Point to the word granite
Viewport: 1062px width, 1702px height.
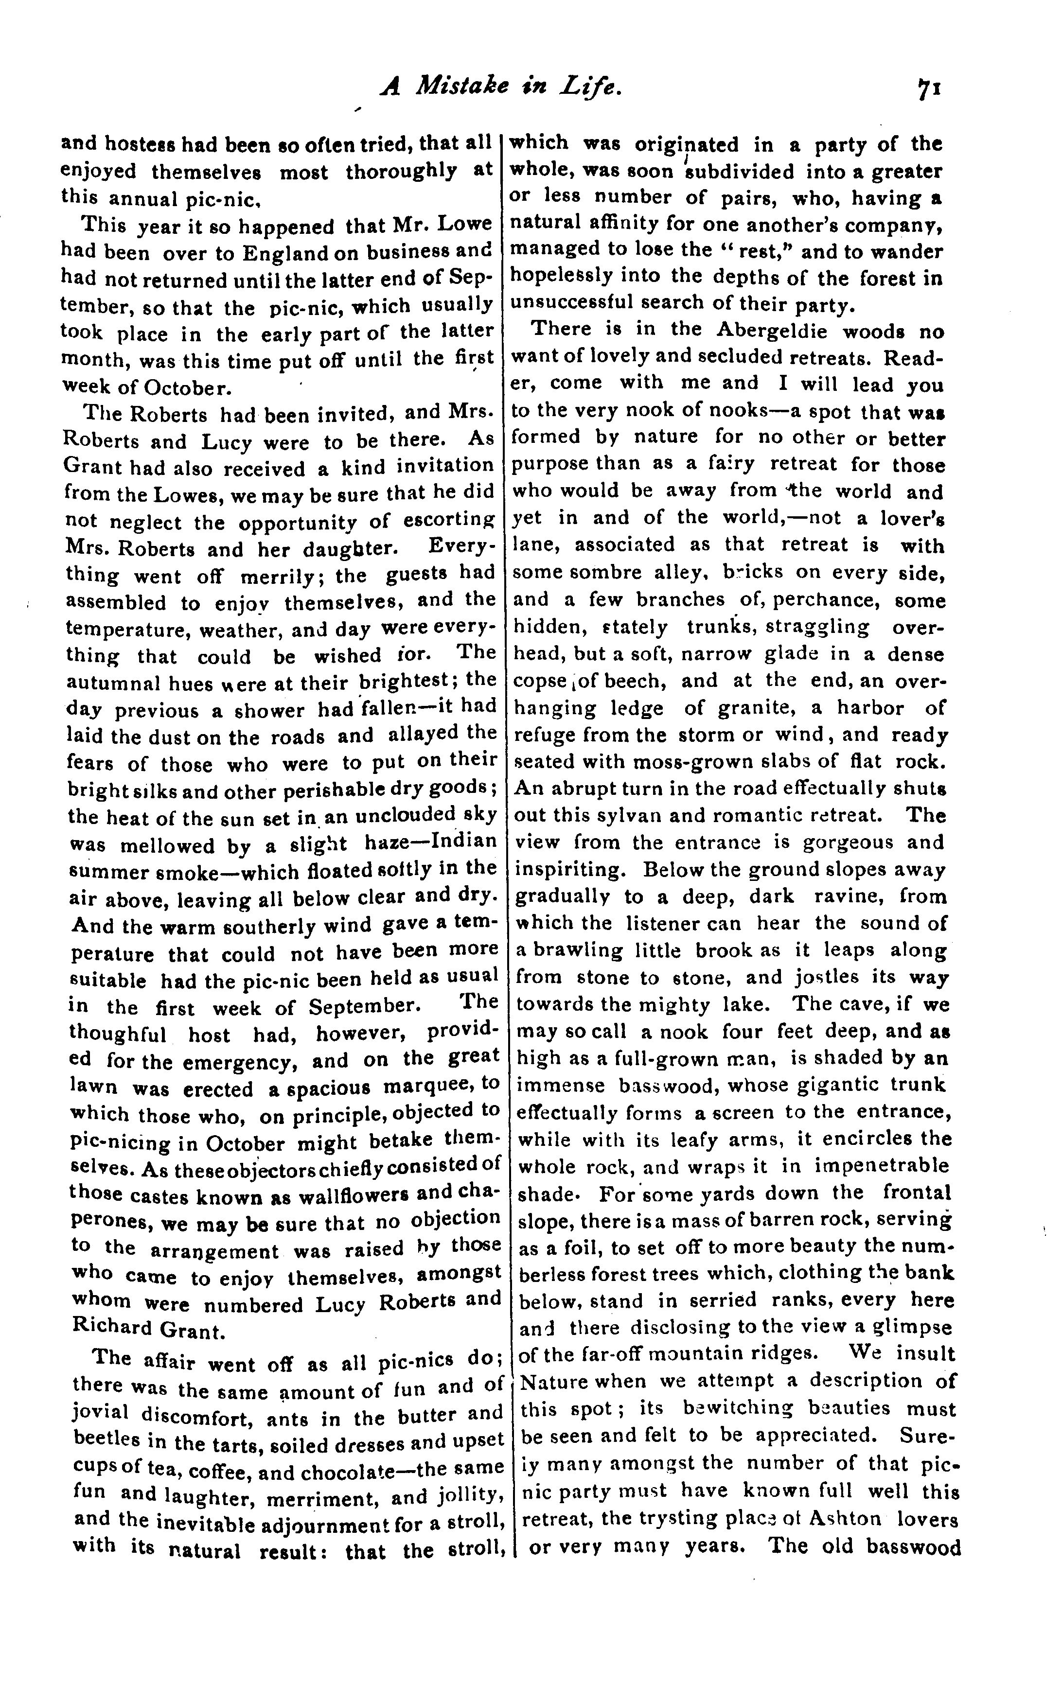click(761, 708)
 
